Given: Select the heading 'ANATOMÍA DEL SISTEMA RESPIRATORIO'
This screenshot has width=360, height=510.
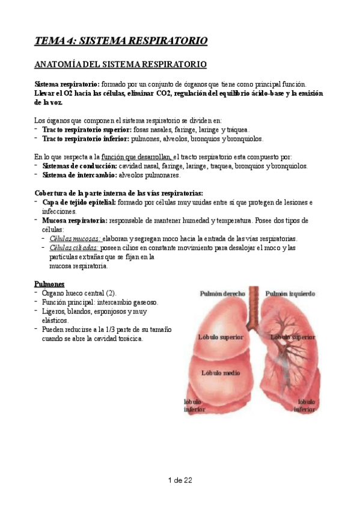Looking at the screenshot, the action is tap(121, 63).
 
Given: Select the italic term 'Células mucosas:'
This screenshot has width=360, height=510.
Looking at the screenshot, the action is tap(75, 239).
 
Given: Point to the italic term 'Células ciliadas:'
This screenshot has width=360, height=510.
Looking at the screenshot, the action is tap(74, 248).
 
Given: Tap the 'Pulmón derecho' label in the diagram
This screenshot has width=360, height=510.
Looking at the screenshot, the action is tap(222, 293).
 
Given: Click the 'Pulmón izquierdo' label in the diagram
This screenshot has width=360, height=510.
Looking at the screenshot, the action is tap(290, 293).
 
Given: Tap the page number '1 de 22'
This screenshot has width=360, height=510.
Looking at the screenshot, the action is tap(180, 480).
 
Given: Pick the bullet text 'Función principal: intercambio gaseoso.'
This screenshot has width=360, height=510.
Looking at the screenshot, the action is tap(100, 302).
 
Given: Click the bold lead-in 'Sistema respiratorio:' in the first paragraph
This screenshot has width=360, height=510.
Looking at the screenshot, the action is tap(67, 84).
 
